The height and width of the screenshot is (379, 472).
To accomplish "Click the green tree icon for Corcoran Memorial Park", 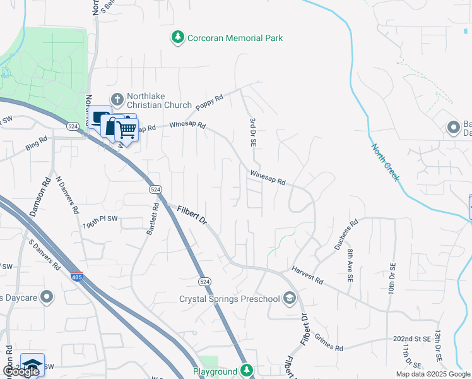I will [179, 38].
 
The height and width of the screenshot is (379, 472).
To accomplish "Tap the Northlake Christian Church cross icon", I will [117, 99].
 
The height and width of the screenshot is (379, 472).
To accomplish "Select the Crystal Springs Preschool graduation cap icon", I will [290, 299].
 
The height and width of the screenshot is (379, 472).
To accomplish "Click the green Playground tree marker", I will [248, 371].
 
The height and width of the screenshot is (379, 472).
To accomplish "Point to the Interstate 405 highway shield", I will [76, 277].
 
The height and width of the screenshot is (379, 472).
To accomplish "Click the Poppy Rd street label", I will [209, 103].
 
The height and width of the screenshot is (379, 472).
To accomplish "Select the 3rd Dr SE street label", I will [252, 132].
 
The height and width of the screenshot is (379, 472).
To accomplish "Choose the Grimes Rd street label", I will [327, 344].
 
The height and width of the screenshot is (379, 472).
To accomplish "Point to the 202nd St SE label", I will [411, 339].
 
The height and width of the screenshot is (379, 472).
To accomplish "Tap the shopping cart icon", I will [127, 129].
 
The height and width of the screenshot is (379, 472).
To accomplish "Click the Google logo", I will [20, 371].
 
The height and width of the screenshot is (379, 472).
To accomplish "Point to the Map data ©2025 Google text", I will [432, 374].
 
